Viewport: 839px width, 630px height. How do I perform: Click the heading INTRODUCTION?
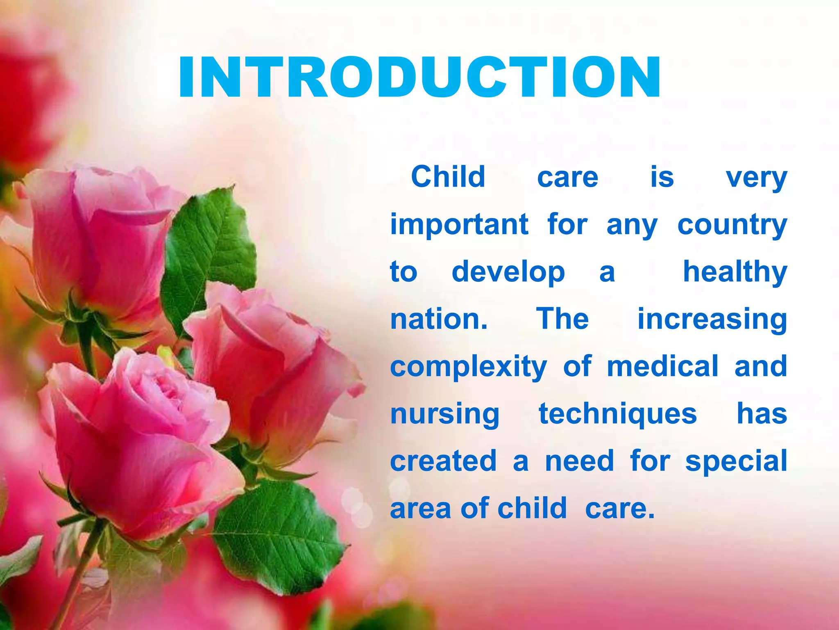(419, 78)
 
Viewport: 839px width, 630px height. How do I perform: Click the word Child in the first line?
(448, 177)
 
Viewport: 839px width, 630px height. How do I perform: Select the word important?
(459, 225)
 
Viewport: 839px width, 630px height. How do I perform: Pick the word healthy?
(735, 272)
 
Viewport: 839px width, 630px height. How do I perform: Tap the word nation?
(438, 319)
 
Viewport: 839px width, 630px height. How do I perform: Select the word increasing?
(712, 320)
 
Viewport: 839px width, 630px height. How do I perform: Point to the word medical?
(662, 366)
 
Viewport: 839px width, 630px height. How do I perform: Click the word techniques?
(617, 414)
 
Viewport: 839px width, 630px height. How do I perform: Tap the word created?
(443, 461)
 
